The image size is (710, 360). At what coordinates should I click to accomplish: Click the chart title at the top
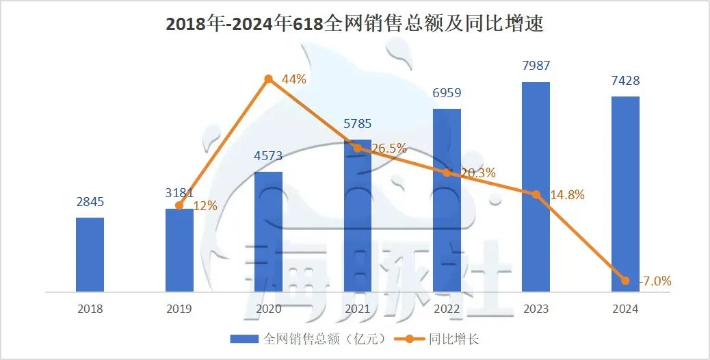pyautogui.click(x=354, y=24)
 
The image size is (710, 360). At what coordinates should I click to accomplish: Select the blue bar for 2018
pyautogui.click(x=90, y=255)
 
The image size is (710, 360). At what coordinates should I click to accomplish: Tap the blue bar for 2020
pyautogui.click(x=268, y=231)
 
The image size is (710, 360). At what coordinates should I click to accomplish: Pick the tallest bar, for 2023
pyautogui.click(x=536, y=187)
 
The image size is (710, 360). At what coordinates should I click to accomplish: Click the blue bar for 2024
pyautogui.click(x=625, y=194)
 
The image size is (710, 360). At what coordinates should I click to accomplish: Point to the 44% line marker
pyautogui.click(x=269, y=79)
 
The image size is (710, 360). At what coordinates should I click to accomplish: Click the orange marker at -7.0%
pyautogui.click(x=625, y=280)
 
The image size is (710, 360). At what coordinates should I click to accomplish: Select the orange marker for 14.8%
pyautogui.click(x=536, y=194)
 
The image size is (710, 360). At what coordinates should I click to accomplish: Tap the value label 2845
pyautogui.click(x=90, y=203)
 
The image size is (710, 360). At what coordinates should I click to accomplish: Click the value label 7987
pyautogui.click(x=536, y=66)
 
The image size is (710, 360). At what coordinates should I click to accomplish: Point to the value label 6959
pyautogui.click(x=447, y=93)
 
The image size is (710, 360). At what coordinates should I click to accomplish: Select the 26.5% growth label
pyautogui.click(x=389, y=148)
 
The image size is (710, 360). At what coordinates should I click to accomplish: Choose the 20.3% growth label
pyautogui.click(x=477, y=173)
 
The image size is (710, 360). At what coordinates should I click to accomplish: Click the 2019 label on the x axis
pyautogui.click(x=179, y=309)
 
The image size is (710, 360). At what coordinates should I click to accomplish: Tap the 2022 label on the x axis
pyautogui.click(x=447, y=309)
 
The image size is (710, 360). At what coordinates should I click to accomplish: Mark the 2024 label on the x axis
pyautogui.click(x=625, y=309)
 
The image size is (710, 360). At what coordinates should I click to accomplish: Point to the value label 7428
pyautogui.click(x=625, y=81)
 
